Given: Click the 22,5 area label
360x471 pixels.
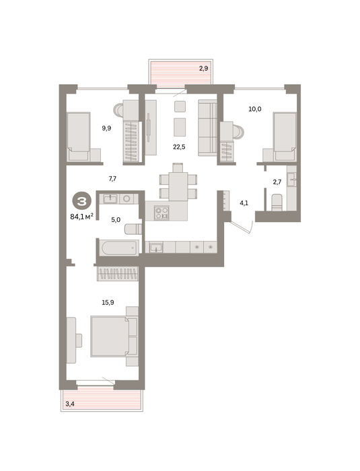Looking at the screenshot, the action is click(x=179, y=147).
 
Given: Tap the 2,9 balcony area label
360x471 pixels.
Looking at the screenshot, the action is click(x=203, y=69).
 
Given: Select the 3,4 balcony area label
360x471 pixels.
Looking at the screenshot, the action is click(x=70, y=404).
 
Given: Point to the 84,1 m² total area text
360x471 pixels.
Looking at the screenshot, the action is click(x=81, y=216).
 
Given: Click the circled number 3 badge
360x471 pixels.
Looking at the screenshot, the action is click(x=81, y=202).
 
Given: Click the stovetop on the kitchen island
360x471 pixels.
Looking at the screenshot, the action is click(x=161, y=213).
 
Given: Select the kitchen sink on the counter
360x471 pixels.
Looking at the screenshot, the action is click(x=156, y=248).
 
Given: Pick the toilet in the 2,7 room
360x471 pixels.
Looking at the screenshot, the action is click(x=277, y=203).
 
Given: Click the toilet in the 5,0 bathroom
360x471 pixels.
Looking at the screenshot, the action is click(x=133, y=229).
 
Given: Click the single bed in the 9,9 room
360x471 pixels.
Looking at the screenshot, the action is click(x=79, y=137).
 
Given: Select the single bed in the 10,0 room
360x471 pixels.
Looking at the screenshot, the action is click(x=285, y=137).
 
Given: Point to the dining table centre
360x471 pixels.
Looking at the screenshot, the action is click(x=178, y=186).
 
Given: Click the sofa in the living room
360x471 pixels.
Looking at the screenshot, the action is click(x=207, y=128).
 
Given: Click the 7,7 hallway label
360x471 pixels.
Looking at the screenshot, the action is click(x=112, y=179).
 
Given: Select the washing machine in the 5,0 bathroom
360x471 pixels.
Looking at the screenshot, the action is click(x=127, y=199).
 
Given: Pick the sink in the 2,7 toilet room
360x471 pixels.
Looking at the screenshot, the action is click(x=291, y=180).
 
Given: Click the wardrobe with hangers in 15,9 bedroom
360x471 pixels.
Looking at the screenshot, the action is click(x=118, y=274).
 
